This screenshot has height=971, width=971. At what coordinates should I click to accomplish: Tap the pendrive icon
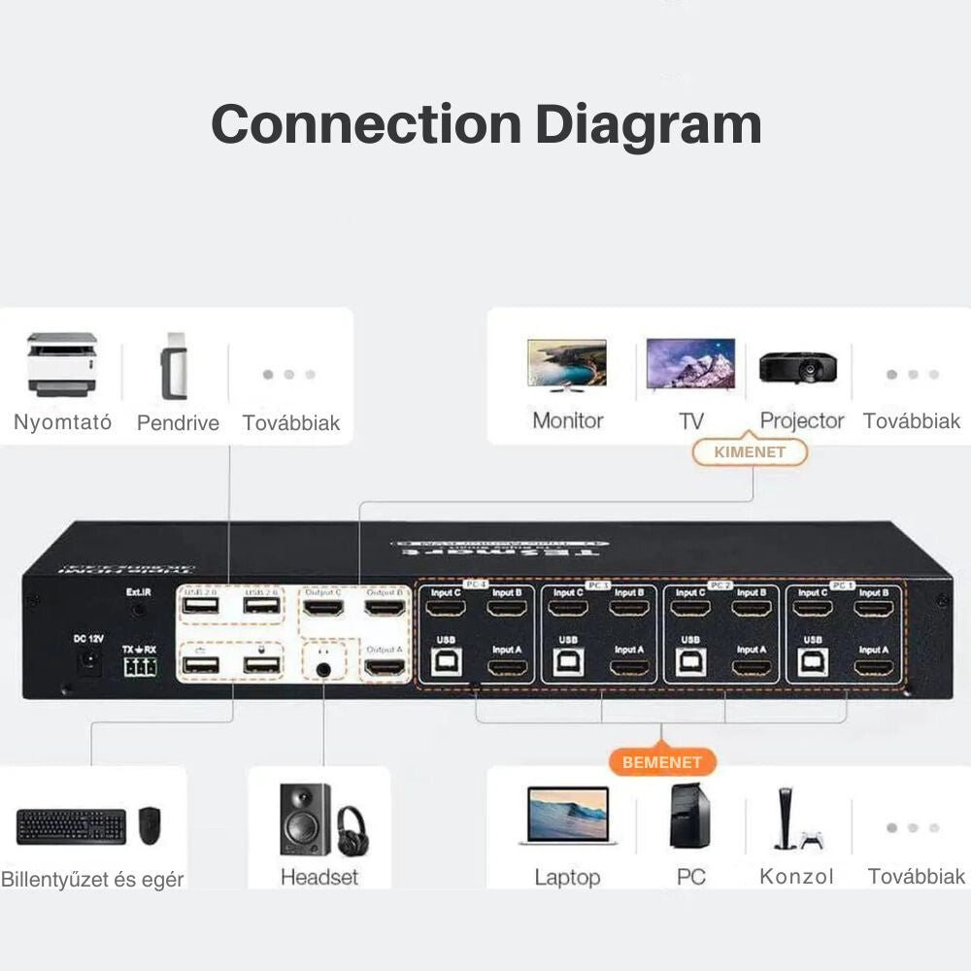[x=173, y=365]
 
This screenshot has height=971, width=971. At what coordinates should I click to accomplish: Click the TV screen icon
[x=690, y=364]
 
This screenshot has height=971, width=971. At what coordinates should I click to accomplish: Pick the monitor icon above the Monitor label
[x=567, y=364]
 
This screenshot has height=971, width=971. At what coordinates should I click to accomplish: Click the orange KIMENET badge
[x=750, y=452]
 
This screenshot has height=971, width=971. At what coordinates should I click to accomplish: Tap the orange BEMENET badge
[x=661, y=762]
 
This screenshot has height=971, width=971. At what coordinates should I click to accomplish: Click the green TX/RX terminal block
[x=140, y=666]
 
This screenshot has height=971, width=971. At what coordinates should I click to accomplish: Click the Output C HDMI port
[x=323, y=609]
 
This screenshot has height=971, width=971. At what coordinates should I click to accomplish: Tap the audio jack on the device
[x=323, y=667]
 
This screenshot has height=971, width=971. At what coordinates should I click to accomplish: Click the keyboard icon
[x=71, y=826]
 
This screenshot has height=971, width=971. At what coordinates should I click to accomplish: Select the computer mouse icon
[x=149, y=824]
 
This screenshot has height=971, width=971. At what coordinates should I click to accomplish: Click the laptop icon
[x=568, y=816]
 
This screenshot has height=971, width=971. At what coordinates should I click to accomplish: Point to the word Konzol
[x=796, y=877]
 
